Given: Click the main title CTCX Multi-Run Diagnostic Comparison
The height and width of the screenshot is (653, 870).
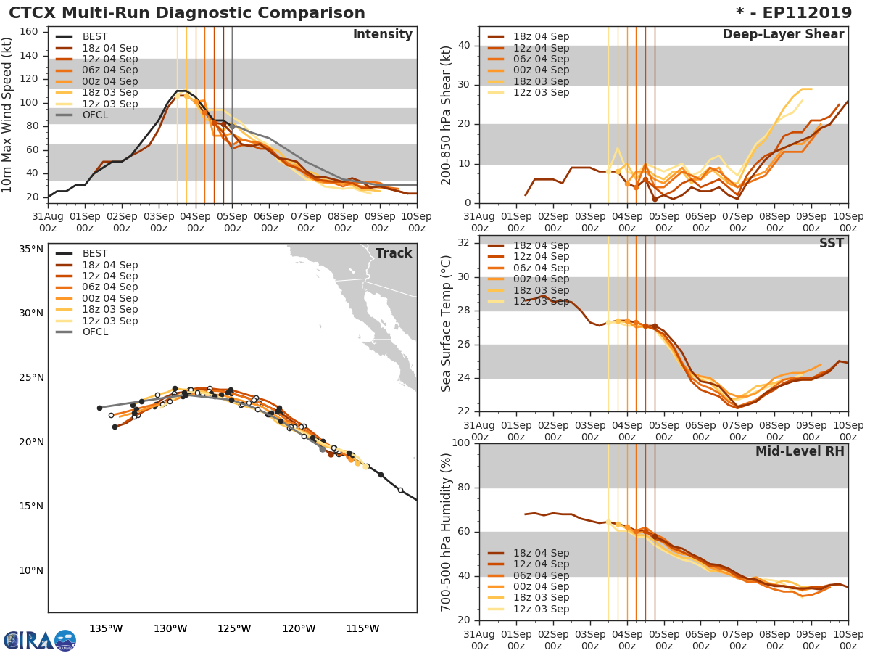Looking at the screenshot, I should click(x=187, y=13).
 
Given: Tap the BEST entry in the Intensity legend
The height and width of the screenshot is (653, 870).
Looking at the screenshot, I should click(x=94, y=37).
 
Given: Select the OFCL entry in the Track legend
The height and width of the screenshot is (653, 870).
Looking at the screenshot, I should click(x=94, y=332).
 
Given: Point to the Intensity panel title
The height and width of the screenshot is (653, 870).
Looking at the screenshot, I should click(x=382, y=35).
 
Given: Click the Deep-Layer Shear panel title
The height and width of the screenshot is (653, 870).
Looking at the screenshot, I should click(x=783, y=35).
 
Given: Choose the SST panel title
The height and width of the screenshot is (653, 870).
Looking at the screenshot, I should click(x=832, y=244).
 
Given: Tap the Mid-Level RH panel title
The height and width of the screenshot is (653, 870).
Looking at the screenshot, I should click(x=800, y=452).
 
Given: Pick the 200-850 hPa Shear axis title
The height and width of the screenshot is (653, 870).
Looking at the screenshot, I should click(x=447, y=115).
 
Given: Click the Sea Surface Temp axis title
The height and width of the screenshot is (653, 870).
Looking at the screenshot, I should click(x=447, y=324).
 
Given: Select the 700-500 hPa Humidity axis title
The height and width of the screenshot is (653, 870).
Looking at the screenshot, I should click(x=447, y=532).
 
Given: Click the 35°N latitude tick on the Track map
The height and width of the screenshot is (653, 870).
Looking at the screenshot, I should click(x=30, y=249).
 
